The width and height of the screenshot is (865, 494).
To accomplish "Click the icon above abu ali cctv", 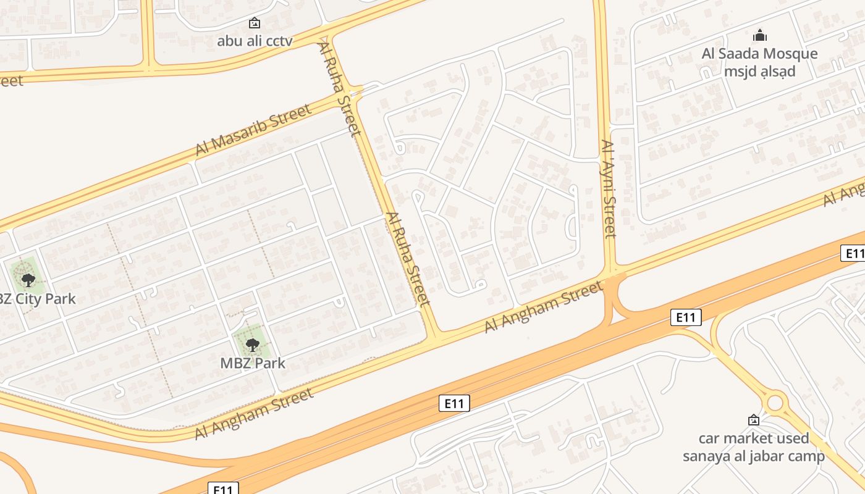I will click(x=254, y=23).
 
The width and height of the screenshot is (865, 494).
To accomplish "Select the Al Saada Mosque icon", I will click(x=759, y=35).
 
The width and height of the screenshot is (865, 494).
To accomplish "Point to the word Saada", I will click(x=740, y=54).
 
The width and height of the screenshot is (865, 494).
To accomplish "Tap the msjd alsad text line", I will click(x=759, y=71).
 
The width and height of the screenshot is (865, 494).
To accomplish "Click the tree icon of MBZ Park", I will click(x=251, y=345).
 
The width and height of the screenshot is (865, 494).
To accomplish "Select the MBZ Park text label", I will click(x=253, y=363).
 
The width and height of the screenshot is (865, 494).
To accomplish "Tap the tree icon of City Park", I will click(x=28, y=280).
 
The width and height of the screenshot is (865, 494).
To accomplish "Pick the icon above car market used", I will click(x=753, y=420).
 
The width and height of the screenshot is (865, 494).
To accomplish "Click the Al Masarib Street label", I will click(x=253, y=130).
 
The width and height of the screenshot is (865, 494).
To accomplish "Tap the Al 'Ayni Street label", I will click(x=609, y=188).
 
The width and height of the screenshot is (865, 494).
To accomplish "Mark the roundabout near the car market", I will click(x=774, y=403).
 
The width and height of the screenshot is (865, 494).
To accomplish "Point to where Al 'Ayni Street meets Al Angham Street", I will click(x=612, y=272).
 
